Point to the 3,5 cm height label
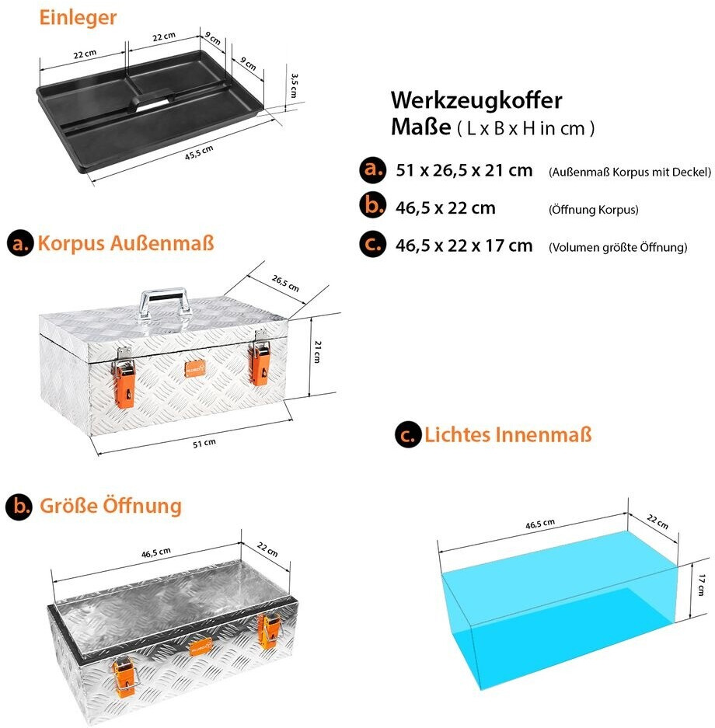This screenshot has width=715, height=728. (294, 85)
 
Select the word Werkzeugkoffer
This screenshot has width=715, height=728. (476, 100)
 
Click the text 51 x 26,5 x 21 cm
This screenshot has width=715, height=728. (464, 170)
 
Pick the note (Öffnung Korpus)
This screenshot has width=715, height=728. (593, 210)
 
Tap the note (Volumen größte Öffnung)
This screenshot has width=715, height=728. (617, 248)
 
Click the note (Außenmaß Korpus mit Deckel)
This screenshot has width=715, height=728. (629, 172)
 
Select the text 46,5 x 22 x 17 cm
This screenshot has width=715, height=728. (464, 246)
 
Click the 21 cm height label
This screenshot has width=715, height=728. (317, 354)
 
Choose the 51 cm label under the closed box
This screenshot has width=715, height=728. (204, 443)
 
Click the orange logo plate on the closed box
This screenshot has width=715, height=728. (195, 367)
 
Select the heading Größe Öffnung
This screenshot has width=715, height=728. (109, 506)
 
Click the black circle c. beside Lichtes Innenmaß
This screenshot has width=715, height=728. (407, 435)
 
